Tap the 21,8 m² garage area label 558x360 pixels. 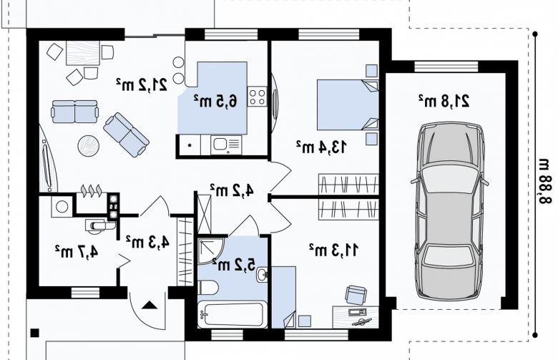tap(444, 101)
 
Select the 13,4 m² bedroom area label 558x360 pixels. tap(321, 147)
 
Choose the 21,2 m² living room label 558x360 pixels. tap(141, 84)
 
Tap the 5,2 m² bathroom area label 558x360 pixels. tap(233, 265)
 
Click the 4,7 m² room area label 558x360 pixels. tap(77, 251)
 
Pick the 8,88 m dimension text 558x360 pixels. tap(544, 181)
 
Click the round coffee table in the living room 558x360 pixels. tap(88, 145)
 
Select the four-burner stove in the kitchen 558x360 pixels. tap(257, 97)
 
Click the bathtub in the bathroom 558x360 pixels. tap(232, 314)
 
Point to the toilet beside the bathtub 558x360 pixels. tap(208, 288)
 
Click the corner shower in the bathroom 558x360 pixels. tap(210, 251)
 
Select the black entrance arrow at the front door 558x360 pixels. tap(150, 305)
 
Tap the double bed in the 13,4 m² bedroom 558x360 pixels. tap(348, 104)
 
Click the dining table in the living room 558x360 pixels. tap(83, 53)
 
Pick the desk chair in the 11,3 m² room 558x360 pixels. tap(356, 294)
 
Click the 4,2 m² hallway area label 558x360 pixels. tap(232, 190)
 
